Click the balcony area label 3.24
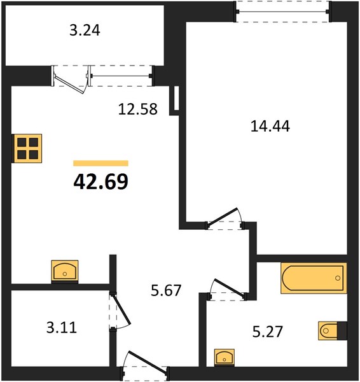(85, 31)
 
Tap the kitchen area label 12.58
(138, 109)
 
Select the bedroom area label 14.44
(270, 127)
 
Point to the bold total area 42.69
(100, 181)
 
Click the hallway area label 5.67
(166, 290)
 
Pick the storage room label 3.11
(62, 327)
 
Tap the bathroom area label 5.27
(268, 332)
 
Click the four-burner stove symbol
(27, 148)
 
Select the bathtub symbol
(314, 278)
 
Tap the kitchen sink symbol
(65, 271)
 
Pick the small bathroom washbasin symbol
(224, 357)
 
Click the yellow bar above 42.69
(100, 163)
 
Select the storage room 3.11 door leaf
(121, 309)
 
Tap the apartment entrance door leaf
(148, 361)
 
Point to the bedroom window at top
(282, 11)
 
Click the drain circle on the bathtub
(338, 278)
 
